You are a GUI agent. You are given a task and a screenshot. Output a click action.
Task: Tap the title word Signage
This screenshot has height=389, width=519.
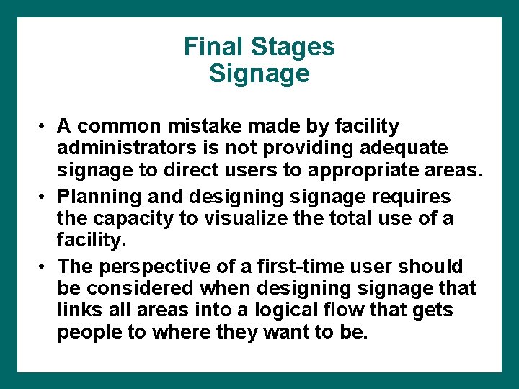[259, 73]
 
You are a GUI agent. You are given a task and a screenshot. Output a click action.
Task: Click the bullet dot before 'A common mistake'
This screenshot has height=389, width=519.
[44, 127]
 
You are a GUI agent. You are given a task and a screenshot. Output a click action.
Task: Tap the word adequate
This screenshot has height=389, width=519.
[407, 148]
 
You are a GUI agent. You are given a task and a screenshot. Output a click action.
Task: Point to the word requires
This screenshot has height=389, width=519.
[411, 197]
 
